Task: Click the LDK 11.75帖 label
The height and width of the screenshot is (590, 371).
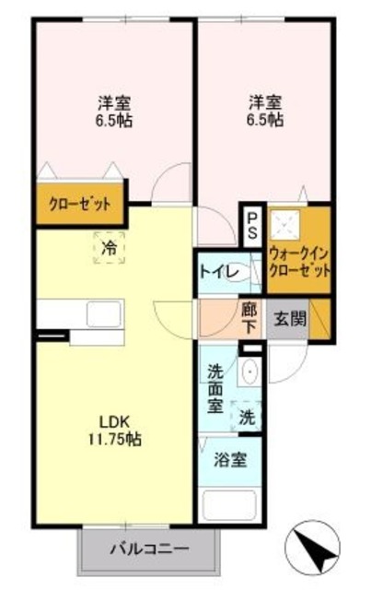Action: tap(115, 431)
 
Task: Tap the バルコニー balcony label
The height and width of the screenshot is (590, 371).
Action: tap(149, 549)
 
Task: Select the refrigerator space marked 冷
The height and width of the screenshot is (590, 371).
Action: tap(109, 248)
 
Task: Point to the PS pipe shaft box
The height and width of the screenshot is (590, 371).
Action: tap(252, 226)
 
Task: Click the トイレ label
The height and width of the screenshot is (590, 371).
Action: tap(219, 272)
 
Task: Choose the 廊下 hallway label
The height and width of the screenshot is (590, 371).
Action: tap(249, 319)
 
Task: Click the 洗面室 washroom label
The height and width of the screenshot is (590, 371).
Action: tap(216, 389)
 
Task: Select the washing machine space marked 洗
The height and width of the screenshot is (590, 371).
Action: tap(247, 417)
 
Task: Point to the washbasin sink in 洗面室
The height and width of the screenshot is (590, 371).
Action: tap(249, 371)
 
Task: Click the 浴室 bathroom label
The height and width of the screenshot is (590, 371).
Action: tap(230, 459)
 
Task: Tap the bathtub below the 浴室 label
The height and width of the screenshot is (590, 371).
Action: tap(229, 505)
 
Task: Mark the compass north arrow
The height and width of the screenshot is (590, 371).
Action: tap(313, 549)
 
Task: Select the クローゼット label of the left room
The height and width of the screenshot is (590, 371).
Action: tap(80, 205)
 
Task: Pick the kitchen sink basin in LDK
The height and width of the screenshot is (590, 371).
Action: tap(105, 313)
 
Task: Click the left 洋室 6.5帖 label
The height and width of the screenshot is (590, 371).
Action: tap(114, 112)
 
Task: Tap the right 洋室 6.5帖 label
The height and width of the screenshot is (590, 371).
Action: tap(266, 111)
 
